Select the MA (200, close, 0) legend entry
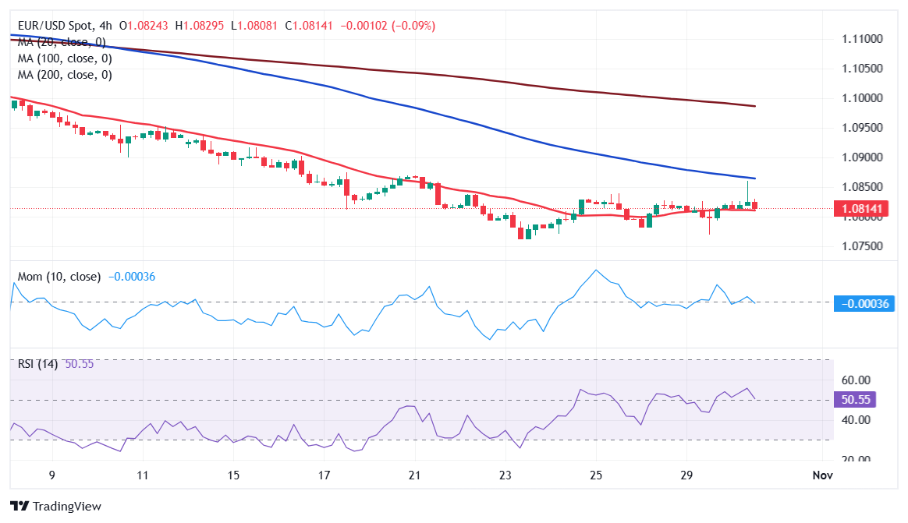coord(65,75)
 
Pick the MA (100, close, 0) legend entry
coord(65,58)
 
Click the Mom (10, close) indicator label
coord(59,277)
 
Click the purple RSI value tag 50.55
coord(855,400)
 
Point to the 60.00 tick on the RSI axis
coord(856,380)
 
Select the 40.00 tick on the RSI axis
coord(856,420)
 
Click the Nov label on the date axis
coord(822,475)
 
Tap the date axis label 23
coord(505,475)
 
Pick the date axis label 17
coord(324,475)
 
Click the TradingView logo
coord(55,506)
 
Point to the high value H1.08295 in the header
coord(200,26)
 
